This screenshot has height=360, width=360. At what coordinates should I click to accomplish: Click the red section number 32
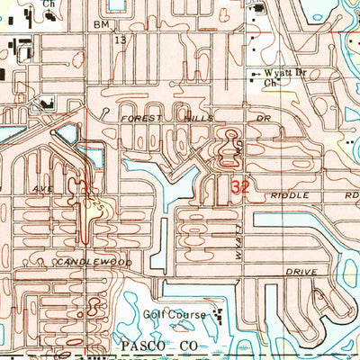pyautogui.click(x=240, y=186)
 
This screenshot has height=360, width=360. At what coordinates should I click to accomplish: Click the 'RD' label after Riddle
pyautogui.click(x=352, y=194)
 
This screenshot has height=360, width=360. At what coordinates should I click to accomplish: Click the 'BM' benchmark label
pyautogui.click(x=102, y=27)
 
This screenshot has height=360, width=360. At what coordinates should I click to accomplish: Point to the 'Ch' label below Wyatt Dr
pyautogui.click(x=268, y=84)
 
